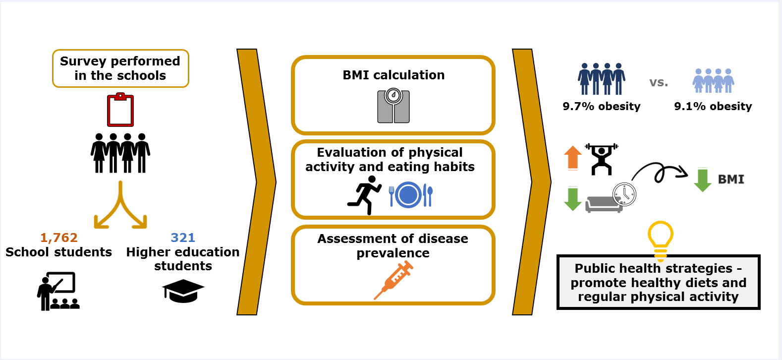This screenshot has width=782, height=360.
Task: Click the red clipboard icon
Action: point(120,110)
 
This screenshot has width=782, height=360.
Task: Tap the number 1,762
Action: point(59,238)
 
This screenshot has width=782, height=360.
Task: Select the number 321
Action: point(183,238)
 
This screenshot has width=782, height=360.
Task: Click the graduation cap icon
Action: point(183,291)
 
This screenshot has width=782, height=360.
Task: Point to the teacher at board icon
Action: point(57,291)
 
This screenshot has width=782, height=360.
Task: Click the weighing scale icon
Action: point(393,106)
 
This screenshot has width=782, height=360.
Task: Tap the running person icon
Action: point(365,195)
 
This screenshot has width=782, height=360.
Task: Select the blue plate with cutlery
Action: point(411,195)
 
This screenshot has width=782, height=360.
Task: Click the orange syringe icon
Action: point(393,281)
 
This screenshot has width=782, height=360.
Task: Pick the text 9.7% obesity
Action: point(602,107)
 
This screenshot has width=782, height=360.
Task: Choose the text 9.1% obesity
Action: point(713,107)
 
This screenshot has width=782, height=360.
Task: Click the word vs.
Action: point(659,83)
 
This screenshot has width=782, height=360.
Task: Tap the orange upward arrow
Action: point(573,158)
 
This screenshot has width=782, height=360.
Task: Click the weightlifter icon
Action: point(602,159)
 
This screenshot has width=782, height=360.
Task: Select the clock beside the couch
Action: point(624,194)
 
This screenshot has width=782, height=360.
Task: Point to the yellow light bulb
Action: point(661,240)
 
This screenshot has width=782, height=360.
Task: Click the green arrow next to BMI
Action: point(702,180)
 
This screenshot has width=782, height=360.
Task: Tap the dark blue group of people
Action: point(602,79)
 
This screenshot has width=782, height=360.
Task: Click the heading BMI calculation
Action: point(393,75)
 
